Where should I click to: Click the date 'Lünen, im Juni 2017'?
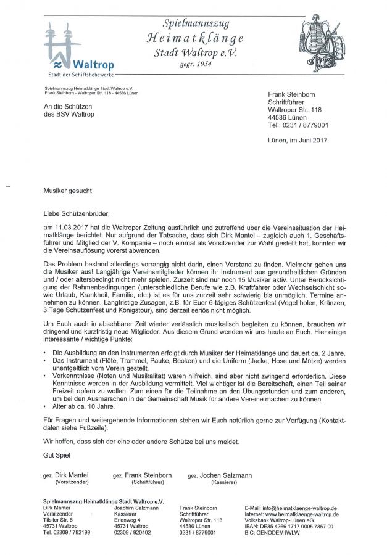[298, 140]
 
